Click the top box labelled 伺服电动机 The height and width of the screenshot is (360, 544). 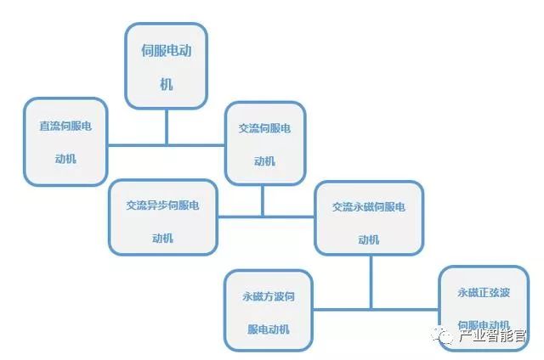point(167,66)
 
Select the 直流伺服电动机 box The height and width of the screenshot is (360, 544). point(66,141)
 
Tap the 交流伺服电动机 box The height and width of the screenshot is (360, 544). point(264,143)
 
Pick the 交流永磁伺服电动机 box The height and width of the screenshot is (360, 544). point(369,217)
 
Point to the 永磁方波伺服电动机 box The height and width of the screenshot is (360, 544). point(269,311)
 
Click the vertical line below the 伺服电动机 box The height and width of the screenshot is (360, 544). point(167,127)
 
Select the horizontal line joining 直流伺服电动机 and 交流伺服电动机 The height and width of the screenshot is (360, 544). point(167,144)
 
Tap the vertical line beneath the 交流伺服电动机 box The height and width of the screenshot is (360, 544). point(263,200)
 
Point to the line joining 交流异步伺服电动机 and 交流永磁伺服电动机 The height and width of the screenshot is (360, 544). point(265,216)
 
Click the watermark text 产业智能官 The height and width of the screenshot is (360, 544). point(493,337)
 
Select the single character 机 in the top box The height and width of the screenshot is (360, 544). point(167,84)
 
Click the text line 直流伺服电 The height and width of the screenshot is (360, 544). point(66,126)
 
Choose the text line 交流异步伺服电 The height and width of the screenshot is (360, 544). point(162,205)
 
